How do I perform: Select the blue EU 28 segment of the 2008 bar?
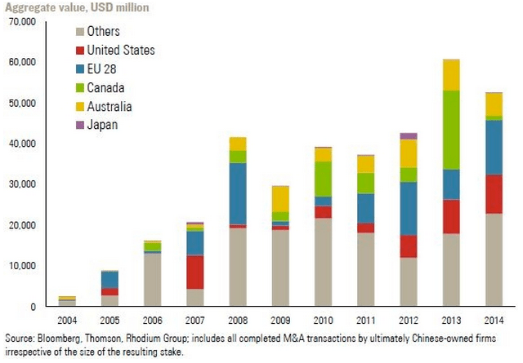coord(238,193)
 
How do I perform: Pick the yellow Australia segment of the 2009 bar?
coord(280,198)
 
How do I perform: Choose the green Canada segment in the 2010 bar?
coord(324,179)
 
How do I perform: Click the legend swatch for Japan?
coord(78,125)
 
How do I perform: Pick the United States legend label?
coord(120,50)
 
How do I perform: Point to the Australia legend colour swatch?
coord(78,106)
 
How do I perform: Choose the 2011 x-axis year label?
coord(365,321)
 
